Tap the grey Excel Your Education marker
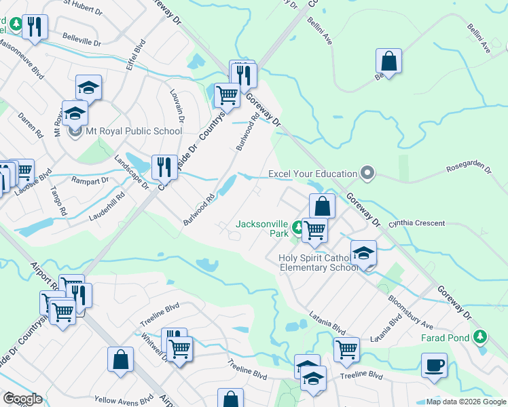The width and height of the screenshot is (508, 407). click(367, 174)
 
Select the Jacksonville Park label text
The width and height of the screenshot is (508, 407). click(262, 229)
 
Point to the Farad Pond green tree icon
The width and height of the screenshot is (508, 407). click(481, 336)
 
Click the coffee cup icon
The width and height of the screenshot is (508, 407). click(434, 365)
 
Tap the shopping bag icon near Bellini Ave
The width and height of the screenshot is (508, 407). click(389, 61)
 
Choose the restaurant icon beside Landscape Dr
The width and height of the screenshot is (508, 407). click(164, 166)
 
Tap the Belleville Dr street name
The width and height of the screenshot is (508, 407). click(81, 41)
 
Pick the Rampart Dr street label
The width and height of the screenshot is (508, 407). click(94, 181)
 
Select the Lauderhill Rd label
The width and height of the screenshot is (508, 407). click(107, 208)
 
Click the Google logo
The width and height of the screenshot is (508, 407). click(22, 399)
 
